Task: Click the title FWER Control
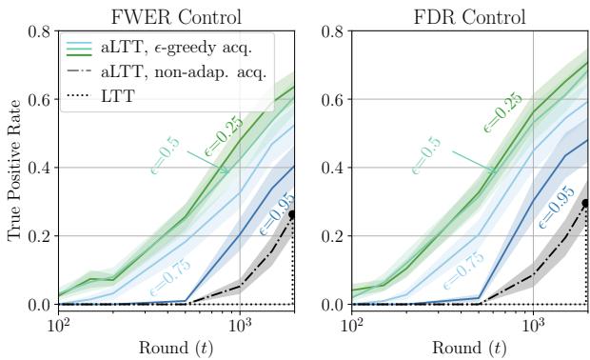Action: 176,15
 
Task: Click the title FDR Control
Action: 469,15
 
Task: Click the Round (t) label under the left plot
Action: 176,348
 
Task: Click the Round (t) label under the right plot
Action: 469,348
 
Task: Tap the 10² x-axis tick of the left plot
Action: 59,324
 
